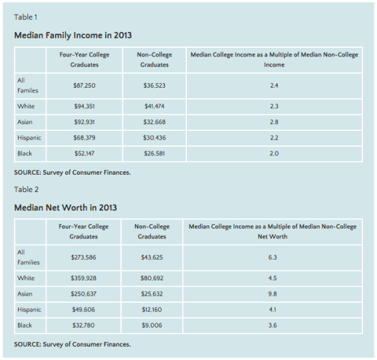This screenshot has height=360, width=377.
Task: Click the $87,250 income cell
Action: (83, 86)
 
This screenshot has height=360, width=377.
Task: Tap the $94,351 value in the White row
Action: (83, 106)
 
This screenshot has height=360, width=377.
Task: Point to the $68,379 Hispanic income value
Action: (83, 137)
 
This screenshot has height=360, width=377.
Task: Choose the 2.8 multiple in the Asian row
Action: (274, 122)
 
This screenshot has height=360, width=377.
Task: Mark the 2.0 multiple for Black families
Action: (274, 153)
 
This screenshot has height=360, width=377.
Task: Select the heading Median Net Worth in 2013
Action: (65, 208)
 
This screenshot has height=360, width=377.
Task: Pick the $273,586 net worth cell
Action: (83, 257)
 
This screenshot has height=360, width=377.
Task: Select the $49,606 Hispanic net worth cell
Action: (83, 310)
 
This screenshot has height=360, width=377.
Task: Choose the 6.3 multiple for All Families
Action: (273, 257)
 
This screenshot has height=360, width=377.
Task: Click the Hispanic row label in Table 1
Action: (29, 137)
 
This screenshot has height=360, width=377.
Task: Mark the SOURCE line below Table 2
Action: (72, 344)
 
